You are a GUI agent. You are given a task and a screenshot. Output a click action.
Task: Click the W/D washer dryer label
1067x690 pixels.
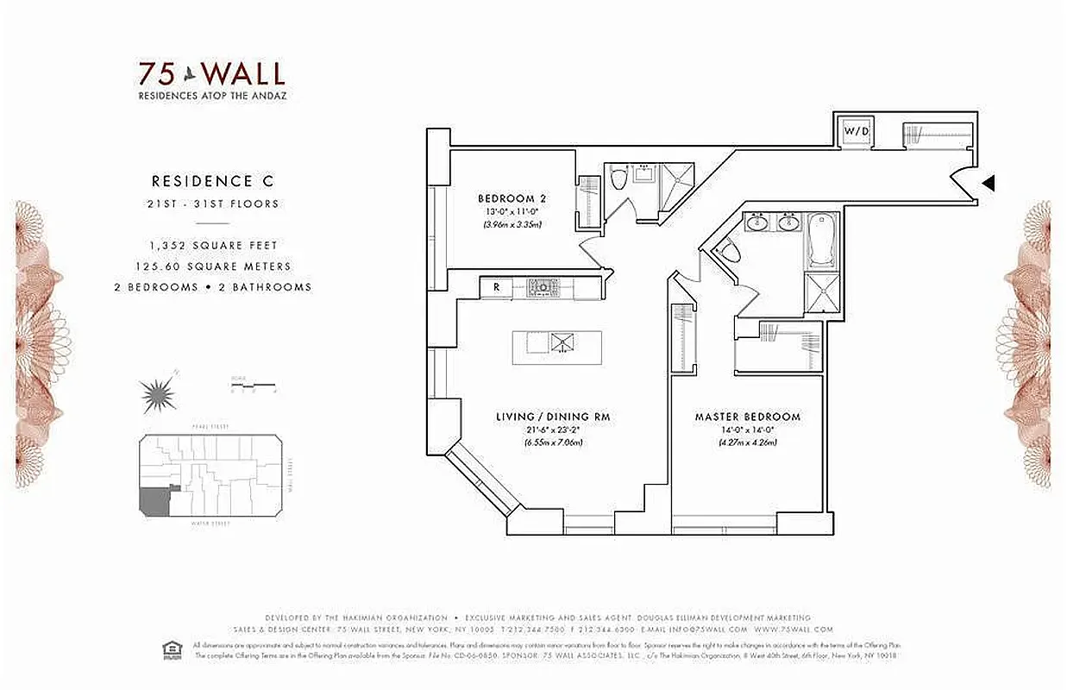point(857,131)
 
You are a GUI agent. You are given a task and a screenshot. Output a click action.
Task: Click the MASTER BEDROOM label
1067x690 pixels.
point(747,417)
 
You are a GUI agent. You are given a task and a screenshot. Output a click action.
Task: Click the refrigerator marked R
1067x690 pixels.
point(496,286)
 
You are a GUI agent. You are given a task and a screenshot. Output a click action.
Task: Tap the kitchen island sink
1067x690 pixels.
point(562,342)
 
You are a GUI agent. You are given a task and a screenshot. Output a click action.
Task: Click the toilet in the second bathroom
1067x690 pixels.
point(618,180)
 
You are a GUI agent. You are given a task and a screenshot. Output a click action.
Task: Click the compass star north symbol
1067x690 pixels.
point(159,394)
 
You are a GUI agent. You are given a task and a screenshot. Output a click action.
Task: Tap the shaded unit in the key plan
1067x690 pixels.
point(155,501)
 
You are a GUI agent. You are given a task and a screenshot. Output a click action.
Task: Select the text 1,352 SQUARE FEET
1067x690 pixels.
point(214,246)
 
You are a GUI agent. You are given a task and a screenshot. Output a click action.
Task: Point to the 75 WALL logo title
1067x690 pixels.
point(212,72)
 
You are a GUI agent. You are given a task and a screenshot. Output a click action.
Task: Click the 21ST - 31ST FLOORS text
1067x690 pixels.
point(214,204)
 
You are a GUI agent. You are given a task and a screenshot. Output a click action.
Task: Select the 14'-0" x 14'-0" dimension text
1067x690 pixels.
point(748,431)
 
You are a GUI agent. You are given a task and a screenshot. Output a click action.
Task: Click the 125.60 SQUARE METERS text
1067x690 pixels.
point(214,267)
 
